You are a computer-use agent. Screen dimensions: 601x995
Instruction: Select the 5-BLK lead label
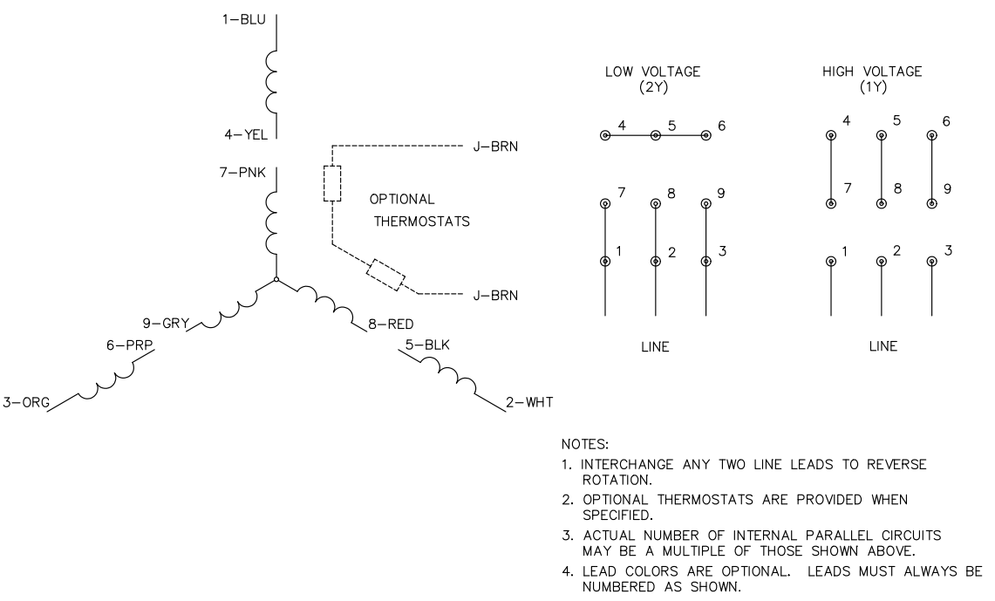428,345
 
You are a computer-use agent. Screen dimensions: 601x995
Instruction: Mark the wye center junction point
276,280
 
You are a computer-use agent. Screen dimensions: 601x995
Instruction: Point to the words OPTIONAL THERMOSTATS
422,209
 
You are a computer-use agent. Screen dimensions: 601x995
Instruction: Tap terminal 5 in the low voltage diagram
655,136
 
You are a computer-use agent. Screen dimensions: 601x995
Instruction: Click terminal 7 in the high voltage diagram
831,203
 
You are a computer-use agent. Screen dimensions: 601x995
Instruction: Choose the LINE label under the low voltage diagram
654,346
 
